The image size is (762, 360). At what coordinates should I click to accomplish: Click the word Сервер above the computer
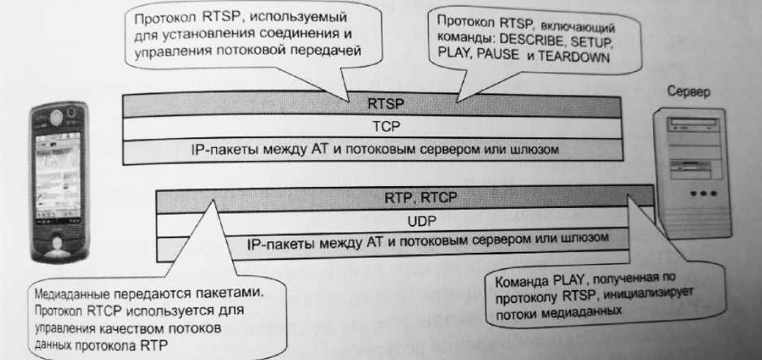click(689, 92)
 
